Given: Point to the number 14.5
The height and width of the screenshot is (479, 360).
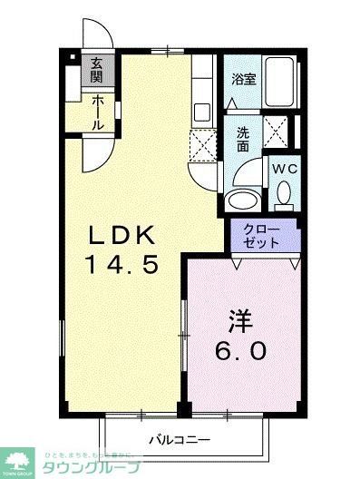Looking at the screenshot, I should pos(123,266).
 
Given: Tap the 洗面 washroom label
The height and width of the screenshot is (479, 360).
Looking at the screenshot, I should pos(243,139).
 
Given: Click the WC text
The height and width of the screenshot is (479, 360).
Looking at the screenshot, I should pos(283,169).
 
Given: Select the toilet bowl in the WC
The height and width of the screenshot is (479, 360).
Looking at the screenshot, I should pos(283,193).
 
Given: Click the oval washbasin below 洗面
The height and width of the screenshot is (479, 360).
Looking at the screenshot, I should pos(242,200).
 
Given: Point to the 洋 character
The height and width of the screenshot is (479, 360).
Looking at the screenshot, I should pos(239,321).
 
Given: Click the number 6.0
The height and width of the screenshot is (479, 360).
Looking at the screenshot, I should pos(239,350).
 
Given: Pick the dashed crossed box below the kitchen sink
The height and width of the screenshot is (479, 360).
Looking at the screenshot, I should pos(202,143).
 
